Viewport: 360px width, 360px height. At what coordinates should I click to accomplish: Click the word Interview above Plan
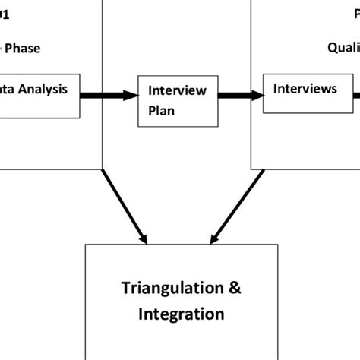pos(177,90)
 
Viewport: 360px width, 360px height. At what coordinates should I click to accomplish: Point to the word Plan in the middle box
pos(161,108)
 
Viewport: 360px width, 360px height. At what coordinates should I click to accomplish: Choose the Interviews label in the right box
pos(305,89)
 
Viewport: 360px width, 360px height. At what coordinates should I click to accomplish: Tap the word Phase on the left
pos(22,49)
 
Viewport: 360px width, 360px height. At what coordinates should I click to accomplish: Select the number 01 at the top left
pos(5,13)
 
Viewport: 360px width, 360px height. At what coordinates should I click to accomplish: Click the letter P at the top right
pos(356,13)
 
